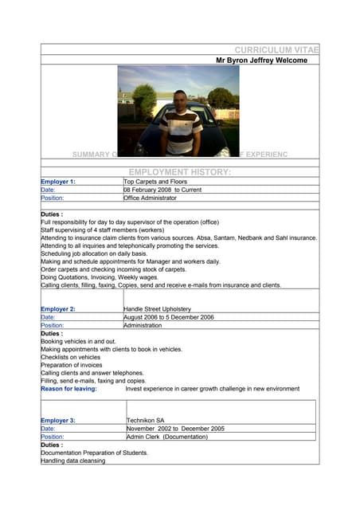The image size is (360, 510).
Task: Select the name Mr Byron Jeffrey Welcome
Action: [261, 61]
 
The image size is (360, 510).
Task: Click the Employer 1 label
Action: [58, 182]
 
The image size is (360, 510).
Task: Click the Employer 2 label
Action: [58, 308]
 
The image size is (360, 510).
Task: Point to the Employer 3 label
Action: [58, 420]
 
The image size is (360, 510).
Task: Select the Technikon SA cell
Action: [151, 420]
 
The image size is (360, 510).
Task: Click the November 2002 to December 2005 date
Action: [175, 429]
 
